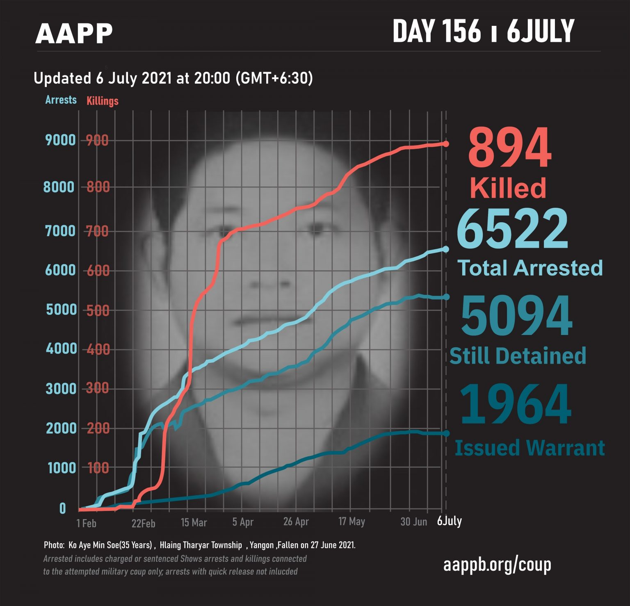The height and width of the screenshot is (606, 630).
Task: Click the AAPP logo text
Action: pos(74,34)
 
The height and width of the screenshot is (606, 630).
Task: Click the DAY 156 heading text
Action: pos(436,32)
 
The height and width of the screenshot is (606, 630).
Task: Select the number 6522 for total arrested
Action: pos(513,230)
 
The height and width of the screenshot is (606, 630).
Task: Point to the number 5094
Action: pos(516,316)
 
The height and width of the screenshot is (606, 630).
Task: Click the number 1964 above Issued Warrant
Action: pos(516,405)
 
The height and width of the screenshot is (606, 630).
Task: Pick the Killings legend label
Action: pos(102,101)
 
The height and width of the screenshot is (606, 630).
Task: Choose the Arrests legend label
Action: pos(61,100)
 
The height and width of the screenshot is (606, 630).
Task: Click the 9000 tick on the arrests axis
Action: pos(60,140)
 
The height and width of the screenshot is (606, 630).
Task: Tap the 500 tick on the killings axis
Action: pos(98,310)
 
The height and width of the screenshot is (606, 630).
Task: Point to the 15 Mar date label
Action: pos(194,522)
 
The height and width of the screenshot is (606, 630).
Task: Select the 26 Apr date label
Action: pos(296,522)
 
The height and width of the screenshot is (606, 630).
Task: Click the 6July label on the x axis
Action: pos(450,521)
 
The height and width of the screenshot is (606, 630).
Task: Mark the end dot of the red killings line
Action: pos(446,144)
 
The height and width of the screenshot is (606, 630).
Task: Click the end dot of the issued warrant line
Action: pos(446,433)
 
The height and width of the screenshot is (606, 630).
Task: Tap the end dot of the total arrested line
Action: pos(446,249)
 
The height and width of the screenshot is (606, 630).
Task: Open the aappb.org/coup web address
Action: pos(497,565)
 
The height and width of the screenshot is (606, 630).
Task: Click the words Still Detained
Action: pos(518,356)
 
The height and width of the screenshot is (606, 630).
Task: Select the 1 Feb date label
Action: pos(86,523)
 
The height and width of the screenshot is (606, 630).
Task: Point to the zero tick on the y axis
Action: pos(62,508)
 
